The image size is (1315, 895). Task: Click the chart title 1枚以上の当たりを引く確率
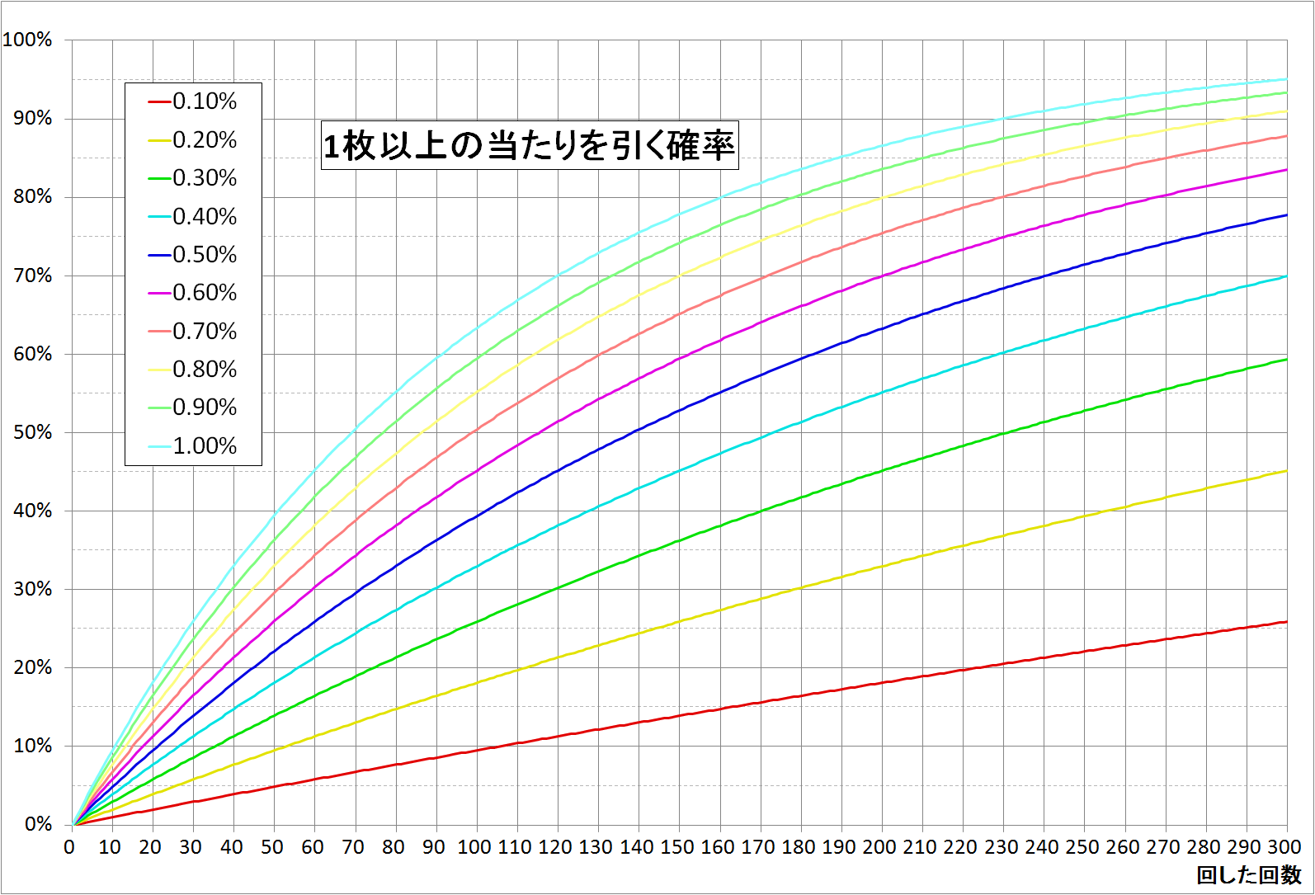[x=529, y=146]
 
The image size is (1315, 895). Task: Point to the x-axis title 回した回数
[x=1248, y=875]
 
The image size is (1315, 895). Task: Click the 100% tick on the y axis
[x=28, y=40]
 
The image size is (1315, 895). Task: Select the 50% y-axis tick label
[x=33, y=432]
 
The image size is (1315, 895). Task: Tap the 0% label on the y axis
[x=38, y=824]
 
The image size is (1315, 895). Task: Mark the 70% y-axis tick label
[x=33, y=276]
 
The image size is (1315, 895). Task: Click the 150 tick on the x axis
[x=677, y=847]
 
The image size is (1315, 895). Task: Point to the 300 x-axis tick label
[x=1284, y=847]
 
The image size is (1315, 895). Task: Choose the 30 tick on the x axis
[x=191, y=847]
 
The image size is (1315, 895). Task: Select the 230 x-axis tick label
[x=1001, y=847]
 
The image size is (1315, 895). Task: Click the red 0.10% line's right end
[x=1286, y=622]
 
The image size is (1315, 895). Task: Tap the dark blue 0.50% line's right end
[x=1286, y=215]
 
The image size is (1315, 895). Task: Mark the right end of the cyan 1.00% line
[x=1286, y=79]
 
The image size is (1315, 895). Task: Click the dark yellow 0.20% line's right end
[x=1286, y=471]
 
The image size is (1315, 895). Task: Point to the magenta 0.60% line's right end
[x=1286, y=170]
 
